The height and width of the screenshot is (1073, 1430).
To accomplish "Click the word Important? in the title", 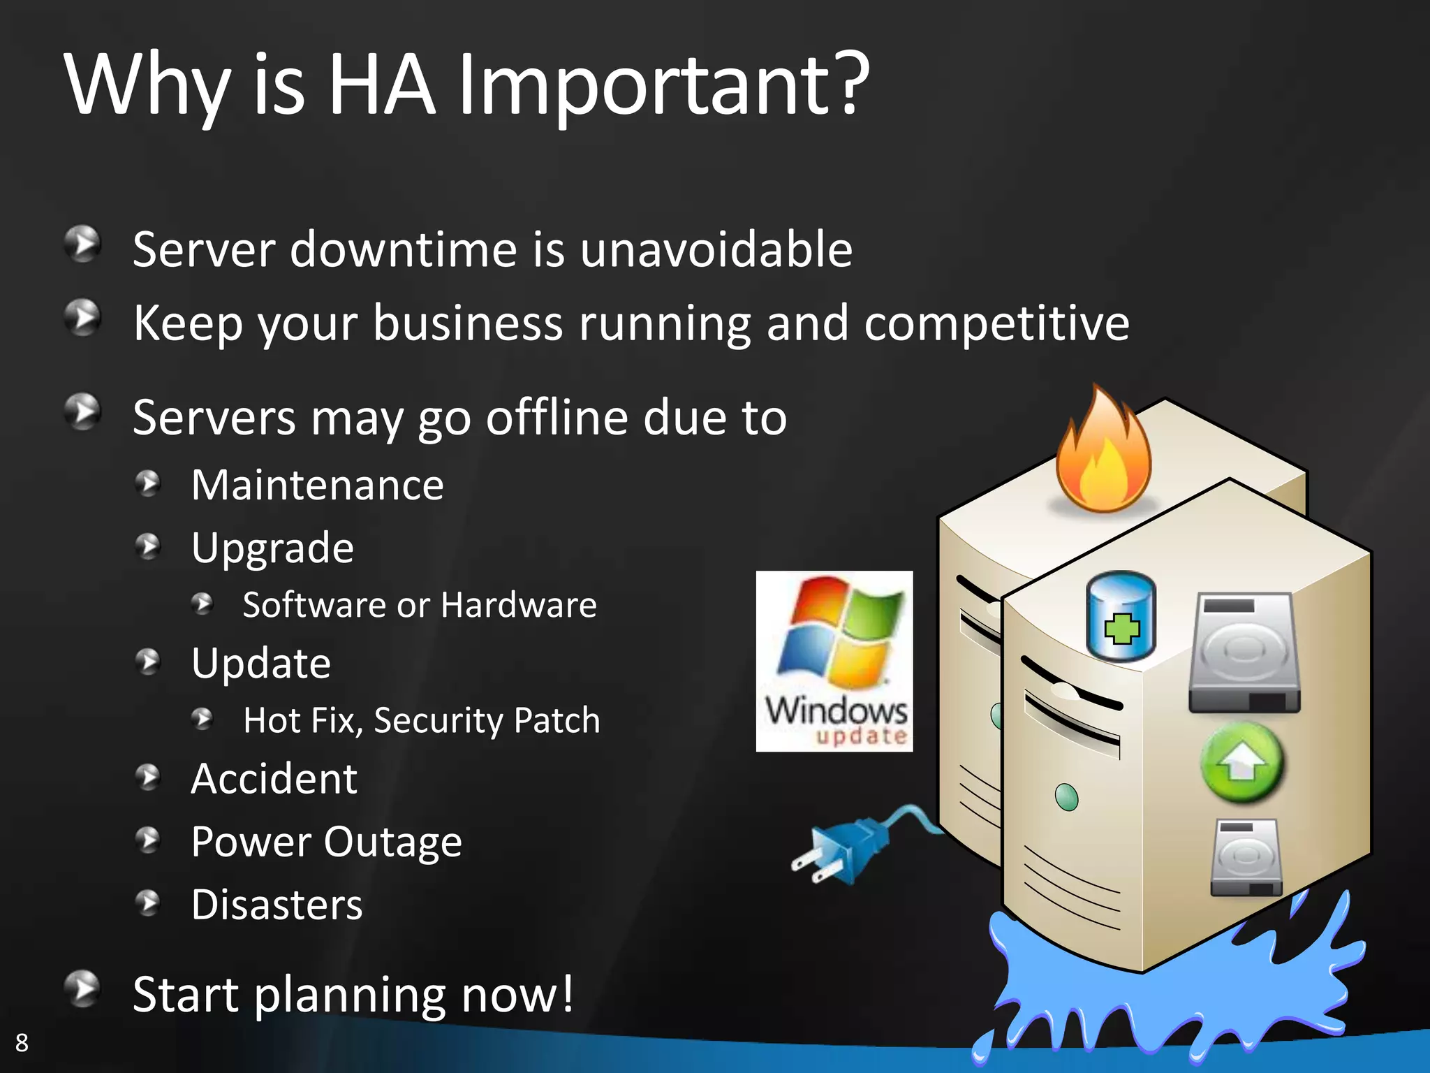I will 663,85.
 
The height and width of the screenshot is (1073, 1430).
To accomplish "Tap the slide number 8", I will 22,1042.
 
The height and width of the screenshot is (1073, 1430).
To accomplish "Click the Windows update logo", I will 834,661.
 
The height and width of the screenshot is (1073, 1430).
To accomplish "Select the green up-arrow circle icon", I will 1241,764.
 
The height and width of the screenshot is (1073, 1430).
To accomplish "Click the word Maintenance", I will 318,485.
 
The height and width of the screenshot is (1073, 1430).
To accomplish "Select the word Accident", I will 274,778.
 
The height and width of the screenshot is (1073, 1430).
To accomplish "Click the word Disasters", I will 277,905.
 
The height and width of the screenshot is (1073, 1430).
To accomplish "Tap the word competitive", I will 996,323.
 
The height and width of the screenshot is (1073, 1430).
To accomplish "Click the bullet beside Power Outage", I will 148,840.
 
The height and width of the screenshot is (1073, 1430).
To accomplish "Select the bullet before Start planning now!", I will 83,988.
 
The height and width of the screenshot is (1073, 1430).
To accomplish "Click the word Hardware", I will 519,605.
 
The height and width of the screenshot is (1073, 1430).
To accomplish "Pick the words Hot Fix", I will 302,720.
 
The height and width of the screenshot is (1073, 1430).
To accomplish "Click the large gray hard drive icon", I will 1244,653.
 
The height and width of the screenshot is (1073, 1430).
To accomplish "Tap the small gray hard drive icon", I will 1246,858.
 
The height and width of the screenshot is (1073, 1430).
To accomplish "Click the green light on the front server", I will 1066,796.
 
